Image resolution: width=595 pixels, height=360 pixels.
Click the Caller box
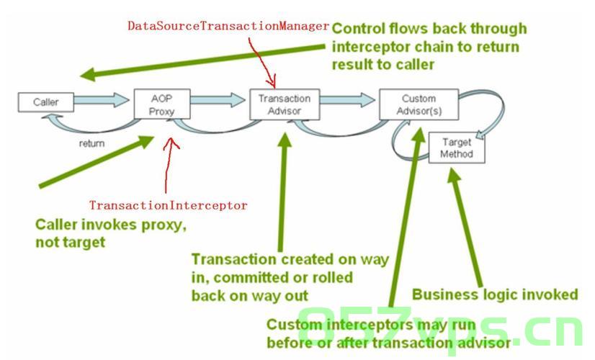coord(46,102)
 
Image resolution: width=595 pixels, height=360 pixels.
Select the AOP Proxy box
coord(162,104)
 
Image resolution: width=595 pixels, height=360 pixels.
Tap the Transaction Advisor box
coord(285,104)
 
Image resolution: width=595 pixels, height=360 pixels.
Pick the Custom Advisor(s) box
coord(419,104)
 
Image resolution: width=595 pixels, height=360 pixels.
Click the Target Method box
coord(457,148)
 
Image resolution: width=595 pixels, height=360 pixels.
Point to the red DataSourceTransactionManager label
coord(228,26)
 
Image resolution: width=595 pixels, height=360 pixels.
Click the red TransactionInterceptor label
coord(168,205)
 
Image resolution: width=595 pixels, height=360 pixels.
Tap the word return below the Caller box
coord(91,143)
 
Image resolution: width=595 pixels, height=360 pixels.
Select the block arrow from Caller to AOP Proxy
coord(102,100)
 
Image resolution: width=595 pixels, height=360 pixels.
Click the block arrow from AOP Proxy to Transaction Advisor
coord(218,100)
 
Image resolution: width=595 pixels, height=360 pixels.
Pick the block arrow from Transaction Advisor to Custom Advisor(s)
coord(348,100)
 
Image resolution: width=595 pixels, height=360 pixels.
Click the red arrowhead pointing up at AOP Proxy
coord(171,143)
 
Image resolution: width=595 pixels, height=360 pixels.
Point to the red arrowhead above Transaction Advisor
coord(272,82)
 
